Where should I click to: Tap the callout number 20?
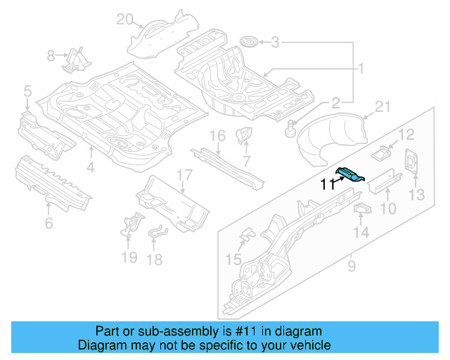click(124, 19)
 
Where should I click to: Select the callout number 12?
click(407, 134)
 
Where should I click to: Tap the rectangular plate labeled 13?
click(411, 162)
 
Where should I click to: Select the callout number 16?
click(217, 135)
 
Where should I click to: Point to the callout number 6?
click(49, 224)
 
